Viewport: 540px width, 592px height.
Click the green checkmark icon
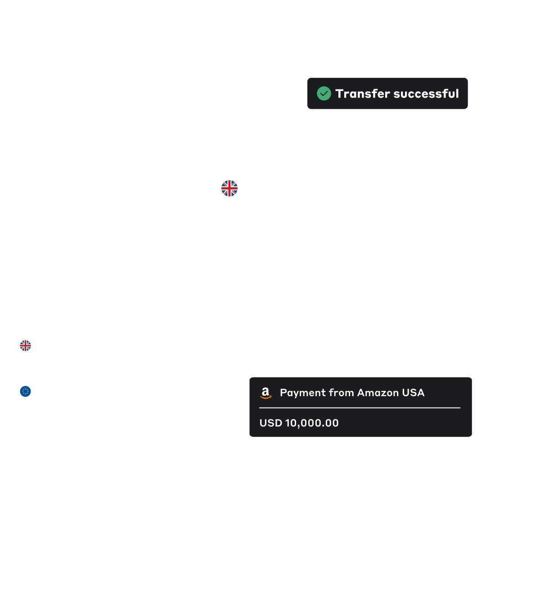(x=324, y=94)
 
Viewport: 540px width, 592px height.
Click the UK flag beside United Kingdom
(x=229, y=188)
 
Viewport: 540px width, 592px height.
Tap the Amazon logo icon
(x=266, y=393)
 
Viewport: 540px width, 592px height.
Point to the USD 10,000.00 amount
(x=299, y=423)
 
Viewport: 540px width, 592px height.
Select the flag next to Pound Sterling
(x=26, y=345)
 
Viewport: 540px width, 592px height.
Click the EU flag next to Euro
(x=26, y=391)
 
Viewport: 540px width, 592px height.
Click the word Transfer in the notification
(x=362, y=94)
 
